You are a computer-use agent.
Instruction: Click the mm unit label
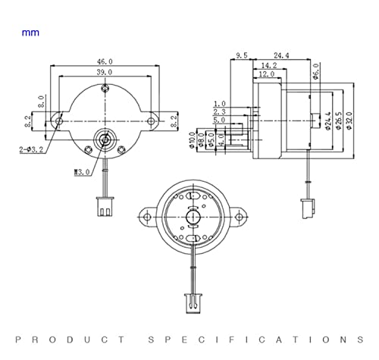(x=30, y=33)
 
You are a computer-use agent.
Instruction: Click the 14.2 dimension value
(x=268, y=66)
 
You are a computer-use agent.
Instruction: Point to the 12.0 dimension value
(x=266, y=75)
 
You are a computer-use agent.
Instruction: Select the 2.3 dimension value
(x=220, y=111)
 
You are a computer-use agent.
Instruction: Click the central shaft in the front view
(x=103, y=139)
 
